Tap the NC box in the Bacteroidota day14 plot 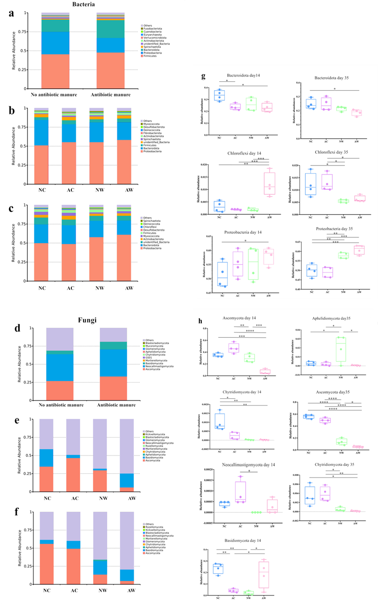click(219, 96)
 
